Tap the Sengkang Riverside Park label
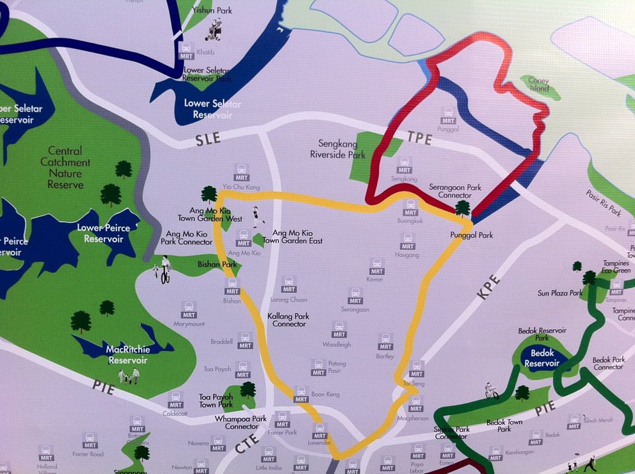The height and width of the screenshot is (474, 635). click(337, 149)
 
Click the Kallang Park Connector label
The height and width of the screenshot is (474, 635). click(289, 320)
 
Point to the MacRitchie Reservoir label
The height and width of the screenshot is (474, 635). click(128, 354)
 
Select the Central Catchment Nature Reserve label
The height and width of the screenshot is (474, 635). click(65, 168)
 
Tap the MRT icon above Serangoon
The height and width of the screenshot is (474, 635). click(355, 295)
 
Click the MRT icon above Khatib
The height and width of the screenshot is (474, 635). click(187, 50)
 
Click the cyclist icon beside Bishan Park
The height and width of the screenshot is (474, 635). click(163, 269)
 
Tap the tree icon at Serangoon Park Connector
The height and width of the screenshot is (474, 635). click(462, 208)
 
